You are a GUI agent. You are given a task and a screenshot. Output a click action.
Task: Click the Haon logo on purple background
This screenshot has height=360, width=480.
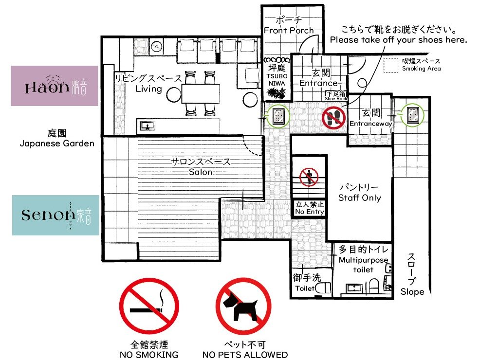pyautogui.click(x=55, y=86)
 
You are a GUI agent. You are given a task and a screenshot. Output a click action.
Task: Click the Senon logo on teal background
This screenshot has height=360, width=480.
pyautogui.click(x=55, y=215)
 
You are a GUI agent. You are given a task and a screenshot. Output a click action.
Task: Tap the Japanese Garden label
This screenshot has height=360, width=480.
pyautogui.click(x=57, y=138)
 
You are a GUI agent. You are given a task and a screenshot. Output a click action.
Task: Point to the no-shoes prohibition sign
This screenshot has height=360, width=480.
pyautogui.click(x=333, y=118)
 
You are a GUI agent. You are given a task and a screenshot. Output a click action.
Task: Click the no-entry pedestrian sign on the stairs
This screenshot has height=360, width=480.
pyautogui.click(x=309, y=177)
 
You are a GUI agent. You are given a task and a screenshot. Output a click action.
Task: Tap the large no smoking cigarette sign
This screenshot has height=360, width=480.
pyautogui.click(x=149, y=306)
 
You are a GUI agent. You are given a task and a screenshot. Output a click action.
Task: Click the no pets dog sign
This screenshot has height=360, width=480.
pyautogui.click(x=243, y=306)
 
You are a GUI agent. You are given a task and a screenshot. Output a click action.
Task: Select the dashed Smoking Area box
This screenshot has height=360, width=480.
pyautogui.click(x=391, y=66)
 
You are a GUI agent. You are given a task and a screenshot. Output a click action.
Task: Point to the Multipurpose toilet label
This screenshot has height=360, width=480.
pyautogui.click(x=363, y=259)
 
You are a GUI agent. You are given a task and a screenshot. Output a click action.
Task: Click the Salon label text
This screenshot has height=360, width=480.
pyautogui.click(x=201, y=172)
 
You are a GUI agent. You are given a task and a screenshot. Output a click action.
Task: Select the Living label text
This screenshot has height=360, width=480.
pyautogui.click(x=148, y=89)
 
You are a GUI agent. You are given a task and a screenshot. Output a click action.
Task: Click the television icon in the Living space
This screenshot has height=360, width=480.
pyautogui.click(x=148, y=126)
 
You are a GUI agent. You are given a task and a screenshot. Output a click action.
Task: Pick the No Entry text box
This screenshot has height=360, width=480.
pyautogui.click(x=310, y=208)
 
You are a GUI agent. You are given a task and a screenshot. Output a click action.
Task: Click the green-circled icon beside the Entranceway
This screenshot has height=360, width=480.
pyautogui.click(x=412, y=115)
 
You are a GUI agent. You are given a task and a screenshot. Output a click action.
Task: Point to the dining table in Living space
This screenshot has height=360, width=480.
pyautogui.click(x=201, y=93)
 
